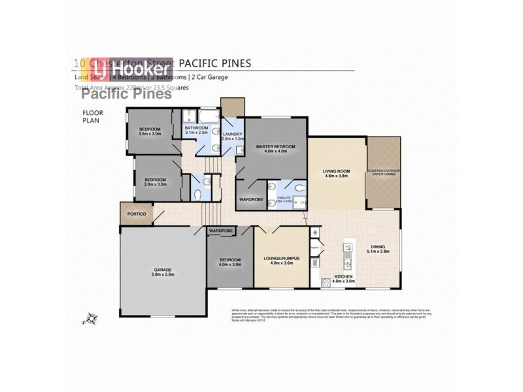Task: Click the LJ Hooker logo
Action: [134, 69]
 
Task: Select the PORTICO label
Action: [137, 214]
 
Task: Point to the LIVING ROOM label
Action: [337, 171]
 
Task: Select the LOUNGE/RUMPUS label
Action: [280, 259]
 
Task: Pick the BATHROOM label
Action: [196, 128]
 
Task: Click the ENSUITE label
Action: [284, 197]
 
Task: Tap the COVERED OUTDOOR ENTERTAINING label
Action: [383, 172]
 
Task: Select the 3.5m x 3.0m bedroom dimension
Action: [150, 133]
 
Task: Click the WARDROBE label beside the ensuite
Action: [251, 199]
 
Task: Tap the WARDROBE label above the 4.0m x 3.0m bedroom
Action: [222, 231]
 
